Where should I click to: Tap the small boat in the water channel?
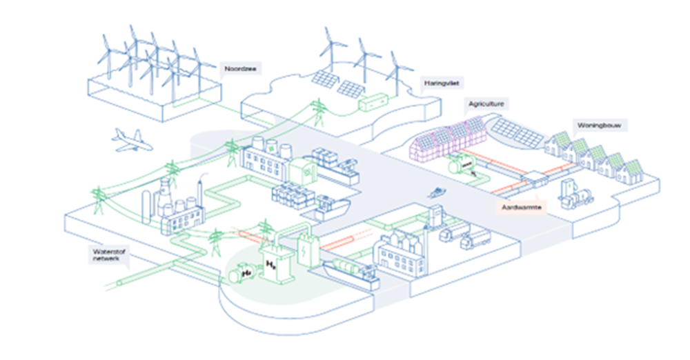click(436, 192)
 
